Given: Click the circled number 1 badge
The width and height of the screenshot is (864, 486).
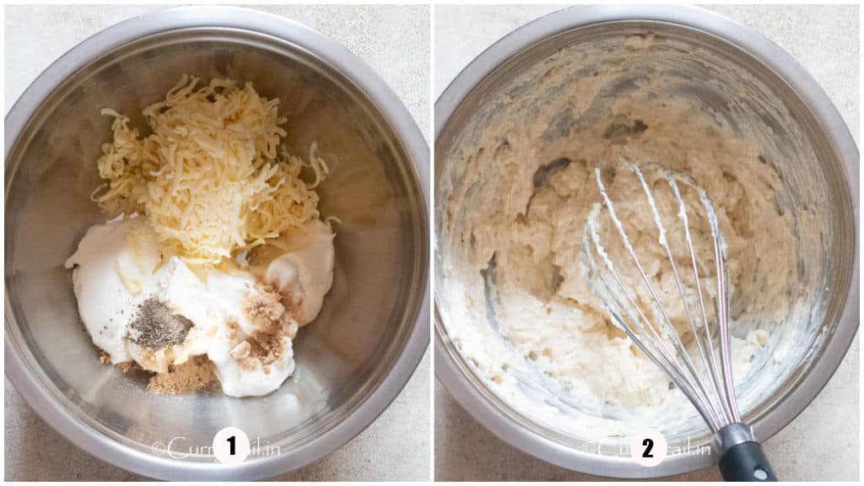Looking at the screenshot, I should coord(230,445).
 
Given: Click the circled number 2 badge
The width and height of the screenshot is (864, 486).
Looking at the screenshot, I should coord(648,447).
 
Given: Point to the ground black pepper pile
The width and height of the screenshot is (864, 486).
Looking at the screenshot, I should coord(159,325).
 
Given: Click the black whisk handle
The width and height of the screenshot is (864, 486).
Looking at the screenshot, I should coord(747,463).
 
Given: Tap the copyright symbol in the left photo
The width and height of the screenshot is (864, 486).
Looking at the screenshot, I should coord(158,448).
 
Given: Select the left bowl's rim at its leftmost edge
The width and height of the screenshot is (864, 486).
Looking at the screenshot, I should coord(8,245).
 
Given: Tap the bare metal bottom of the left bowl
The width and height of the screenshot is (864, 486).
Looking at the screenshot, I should coord(337,371).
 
